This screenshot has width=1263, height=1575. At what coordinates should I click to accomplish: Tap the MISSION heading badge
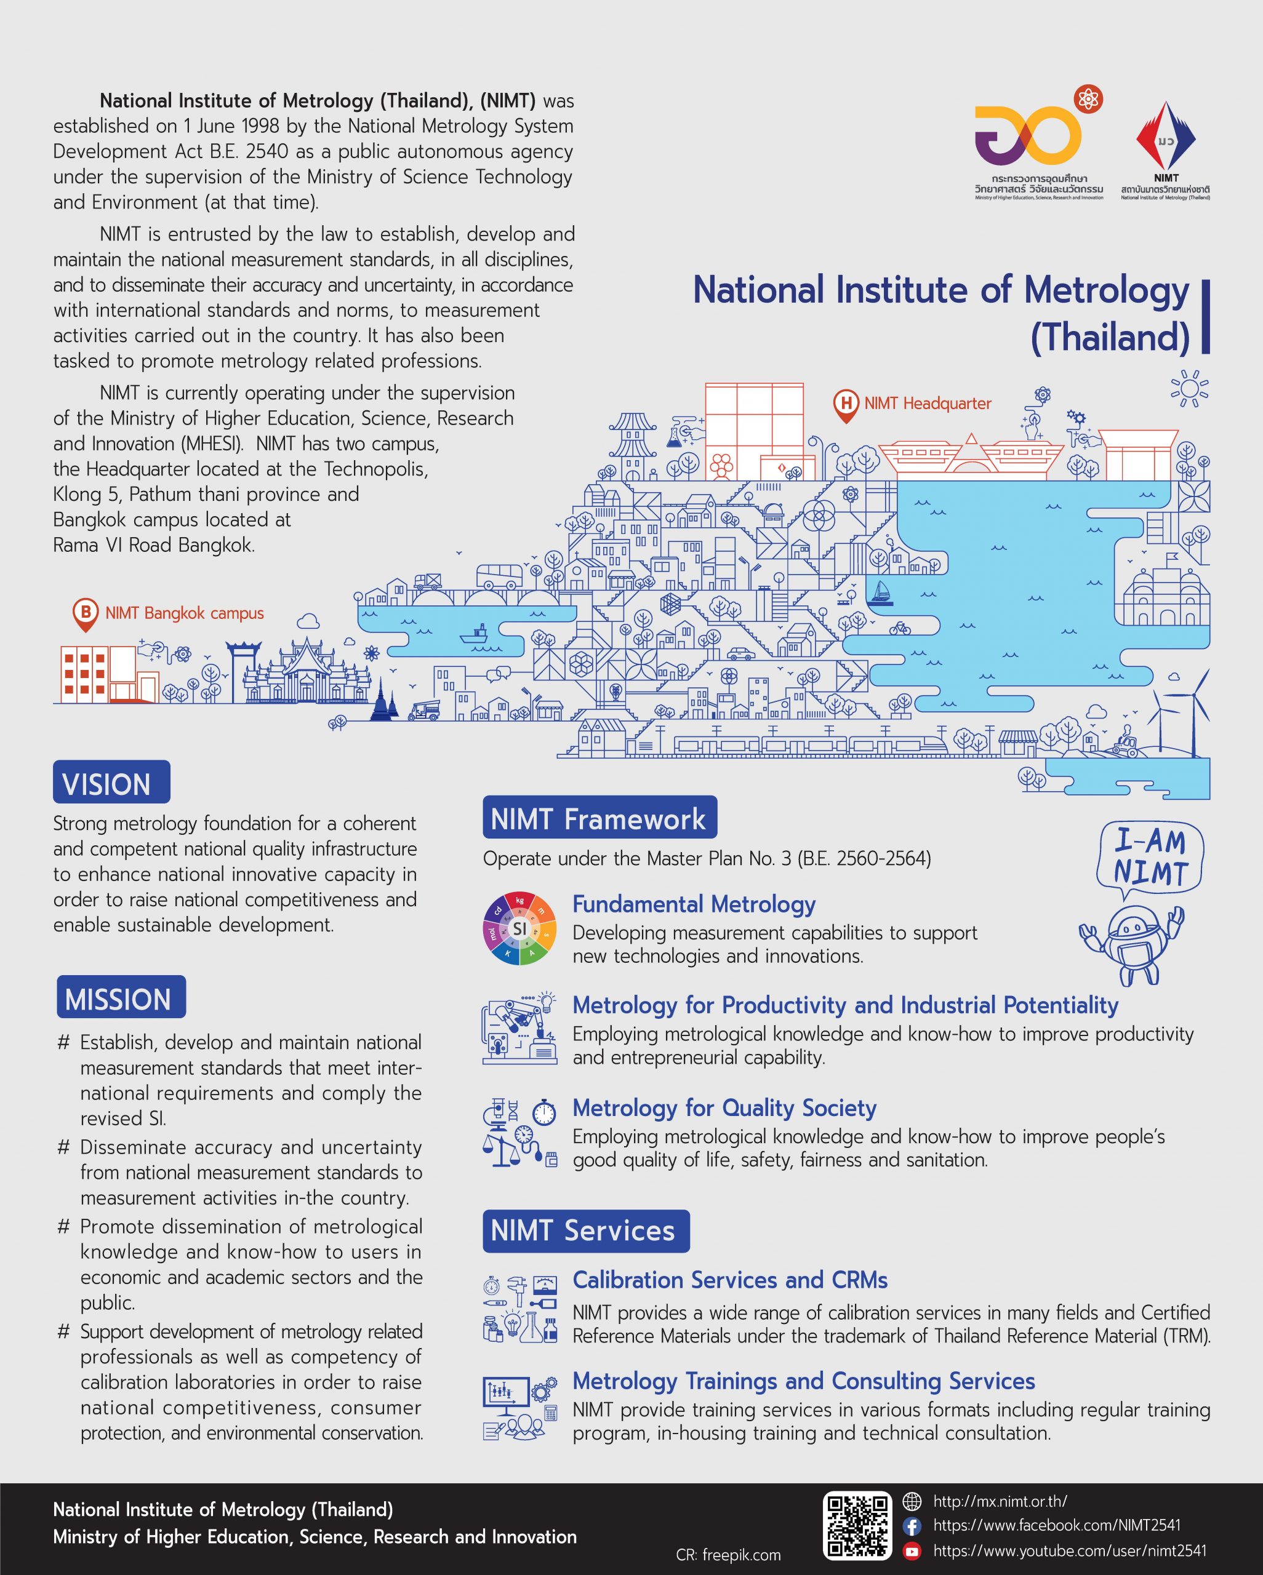[121, 998]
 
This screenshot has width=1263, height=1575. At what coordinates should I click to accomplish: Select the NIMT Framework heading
[599, 818]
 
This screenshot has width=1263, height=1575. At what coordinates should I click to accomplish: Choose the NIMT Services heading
[585, 1231]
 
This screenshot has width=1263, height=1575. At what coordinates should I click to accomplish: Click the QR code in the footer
[857, 1526]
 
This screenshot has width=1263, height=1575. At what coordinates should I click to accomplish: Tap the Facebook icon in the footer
[912, 1525]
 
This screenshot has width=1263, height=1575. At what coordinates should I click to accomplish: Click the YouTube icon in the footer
[912, 1551]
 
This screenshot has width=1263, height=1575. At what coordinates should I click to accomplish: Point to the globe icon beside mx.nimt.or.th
[912, 1502]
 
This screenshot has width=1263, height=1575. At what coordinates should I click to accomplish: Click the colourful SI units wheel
[519, 928]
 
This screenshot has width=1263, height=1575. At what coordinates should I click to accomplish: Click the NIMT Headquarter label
[928, 403]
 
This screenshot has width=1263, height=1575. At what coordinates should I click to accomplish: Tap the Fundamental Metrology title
[694, 904]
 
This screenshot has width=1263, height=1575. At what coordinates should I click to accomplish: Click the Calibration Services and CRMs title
[729, 1280]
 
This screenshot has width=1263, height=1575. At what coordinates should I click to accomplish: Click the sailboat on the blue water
[881, 592]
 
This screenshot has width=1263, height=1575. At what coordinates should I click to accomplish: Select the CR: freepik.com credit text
[728, 1555]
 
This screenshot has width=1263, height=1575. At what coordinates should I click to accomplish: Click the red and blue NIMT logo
[1166, 139]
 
